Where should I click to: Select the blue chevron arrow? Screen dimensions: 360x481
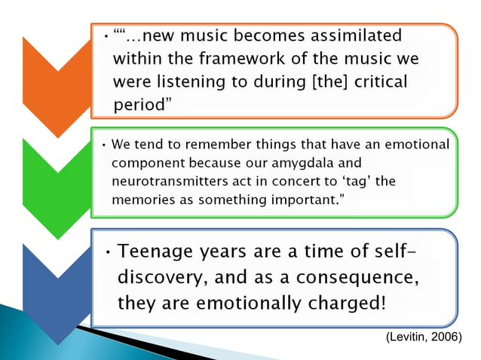[57, 287]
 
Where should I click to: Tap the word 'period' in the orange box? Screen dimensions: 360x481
[138, 105]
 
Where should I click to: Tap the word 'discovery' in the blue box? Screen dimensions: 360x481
[161, 277]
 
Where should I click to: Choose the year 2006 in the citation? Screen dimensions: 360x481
[445, 337]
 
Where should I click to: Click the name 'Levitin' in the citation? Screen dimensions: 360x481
[409, 337]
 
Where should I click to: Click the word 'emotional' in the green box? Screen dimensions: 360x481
[411, 143]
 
